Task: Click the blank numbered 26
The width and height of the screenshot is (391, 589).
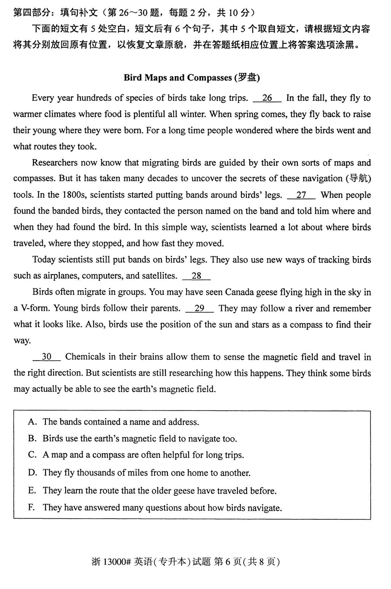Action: (x=267, y=98)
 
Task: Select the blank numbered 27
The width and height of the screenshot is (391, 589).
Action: (x=301, y=195)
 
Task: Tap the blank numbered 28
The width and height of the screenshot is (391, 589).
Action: (x=197, y=276)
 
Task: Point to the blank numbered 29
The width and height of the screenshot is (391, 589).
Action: (x=199, y=308)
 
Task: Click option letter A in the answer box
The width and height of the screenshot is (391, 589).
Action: (x=32, y=422)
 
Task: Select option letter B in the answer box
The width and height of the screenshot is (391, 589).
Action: (x=32, y=438)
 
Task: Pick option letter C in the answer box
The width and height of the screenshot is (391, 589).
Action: (x=32, y=455)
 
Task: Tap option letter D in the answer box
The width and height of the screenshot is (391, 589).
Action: (x=32, y=473)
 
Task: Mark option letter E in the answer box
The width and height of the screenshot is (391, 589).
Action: (x=32, y=491)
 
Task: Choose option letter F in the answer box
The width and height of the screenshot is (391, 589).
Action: (x=32, y=507)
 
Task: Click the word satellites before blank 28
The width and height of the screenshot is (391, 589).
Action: (x=156, y=276)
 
